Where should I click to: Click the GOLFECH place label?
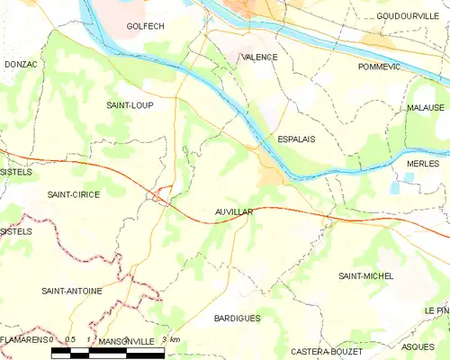pos(145,27)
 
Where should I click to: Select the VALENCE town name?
pos(259,57)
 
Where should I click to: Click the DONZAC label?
pos(20,65)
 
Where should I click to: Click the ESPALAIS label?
pos(295,139)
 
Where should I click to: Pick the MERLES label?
pos(422,164)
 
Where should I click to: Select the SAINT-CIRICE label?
pos(73,194)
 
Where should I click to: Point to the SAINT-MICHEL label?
pos(365,275)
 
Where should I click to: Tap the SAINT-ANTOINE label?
pos(71,291)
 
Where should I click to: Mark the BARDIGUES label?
pos(238,319)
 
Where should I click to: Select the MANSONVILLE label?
pos(126,342)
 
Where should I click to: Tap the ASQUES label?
pos(418,346)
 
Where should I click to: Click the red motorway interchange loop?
pos(161,194)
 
